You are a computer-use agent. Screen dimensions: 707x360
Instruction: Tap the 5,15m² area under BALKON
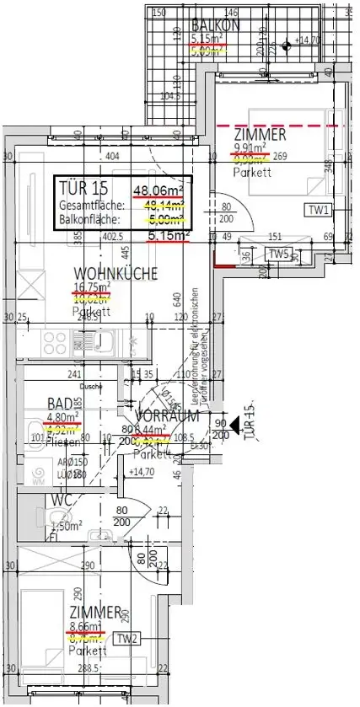tap(207, 39)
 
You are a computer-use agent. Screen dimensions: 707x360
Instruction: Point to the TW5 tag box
tap(278, 254)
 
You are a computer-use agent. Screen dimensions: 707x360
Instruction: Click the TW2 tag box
tap(127, 638)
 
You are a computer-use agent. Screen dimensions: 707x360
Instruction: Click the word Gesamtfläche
tap(92, 205)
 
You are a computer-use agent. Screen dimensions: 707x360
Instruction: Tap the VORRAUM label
tap(169, 415)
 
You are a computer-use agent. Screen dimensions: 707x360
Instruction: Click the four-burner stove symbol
tap(55, 343)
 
